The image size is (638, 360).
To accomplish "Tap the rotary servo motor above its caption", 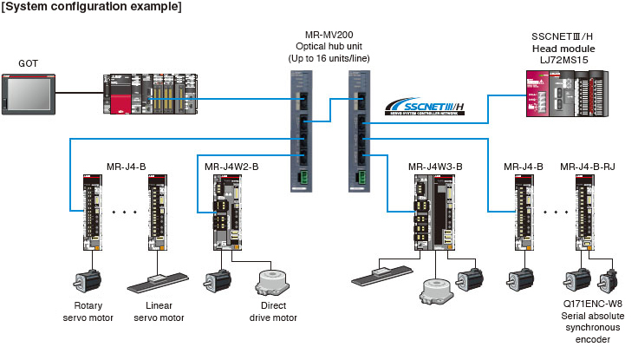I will click(x=86, y=280).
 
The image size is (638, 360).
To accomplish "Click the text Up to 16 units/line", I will click(x=329, y=57).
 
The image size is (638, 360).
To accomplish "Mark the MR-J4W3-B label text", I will click(x=435, y=166).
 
